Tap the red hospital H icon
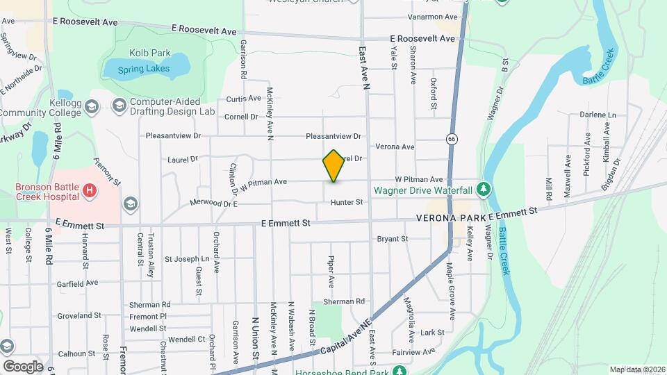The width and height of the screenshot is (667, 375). [88, 190]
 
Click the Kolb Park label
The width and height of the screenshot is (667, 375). [145, 52]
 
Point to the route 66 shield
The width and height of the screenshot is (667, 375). [452, 139]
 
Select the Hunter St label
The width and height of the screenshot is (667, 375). [347, 202]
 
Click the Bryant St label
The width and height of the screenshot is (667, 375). [392, 239]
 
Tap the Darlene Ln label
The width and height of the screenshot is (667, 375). [602, 115]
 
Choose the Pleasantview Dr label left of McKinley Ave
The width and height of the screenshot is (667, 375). [173, 136]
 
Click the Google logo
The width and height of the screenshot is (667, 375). [23, 366]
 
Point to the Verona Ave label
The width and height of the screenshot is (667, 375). [395, 147]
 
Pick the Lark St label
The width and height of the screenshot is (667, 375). [431, 333]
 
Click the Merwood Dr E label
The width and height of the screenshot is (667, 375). [214, 204]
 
